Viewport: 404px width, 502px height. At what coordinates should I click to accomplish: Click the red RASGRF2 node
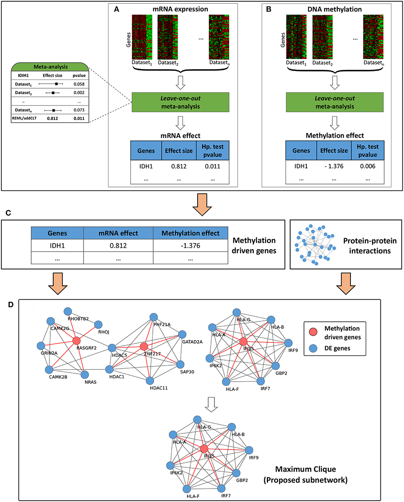76,340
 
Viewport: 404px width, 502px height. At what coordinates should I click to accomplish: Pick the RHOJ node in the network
99,325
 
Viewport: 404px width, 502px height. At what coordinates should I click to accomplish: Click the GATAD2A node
182,334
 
